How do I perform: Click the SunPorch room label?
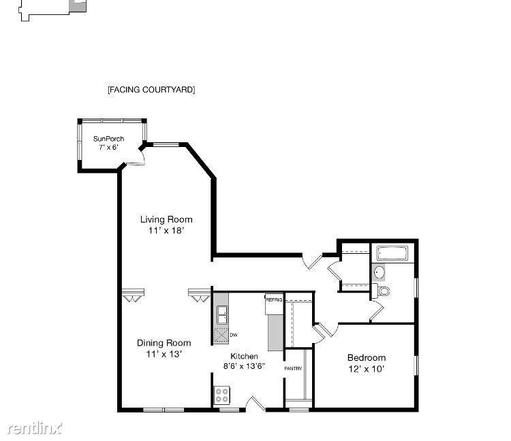tap(108, 139)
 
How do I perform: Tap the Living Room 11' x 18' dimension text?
tap(166, 231)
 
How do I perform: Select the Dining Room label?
tap(164, 343)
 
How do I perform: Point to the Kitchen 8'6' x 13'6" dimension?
tap(244, 366)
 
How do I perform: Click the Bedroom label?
tap(367, 358)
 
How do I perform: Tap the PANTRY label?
tap(293, 368)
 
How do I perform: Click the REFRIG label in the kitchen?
tap(274, 299)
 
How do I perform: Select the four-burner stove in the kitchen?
tap(221, 395)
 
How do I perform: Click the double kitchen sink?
tap(222, 314)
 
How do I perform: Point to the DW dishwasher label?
tap(233, 335)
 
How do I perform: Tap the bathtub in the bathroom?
tap(392, 253)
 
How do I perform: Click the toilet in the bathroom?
tap(382, 291)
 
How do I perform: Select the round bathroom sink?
tap(379, 272)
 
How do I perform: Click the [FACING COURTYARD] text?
tap(151, 90)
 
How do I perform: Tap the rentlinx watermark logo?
tap(35, 428)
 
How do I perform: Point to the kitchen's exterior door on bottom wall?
tap(255, 404)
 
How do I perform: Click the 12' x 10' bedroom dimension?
tap(367, 369)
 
